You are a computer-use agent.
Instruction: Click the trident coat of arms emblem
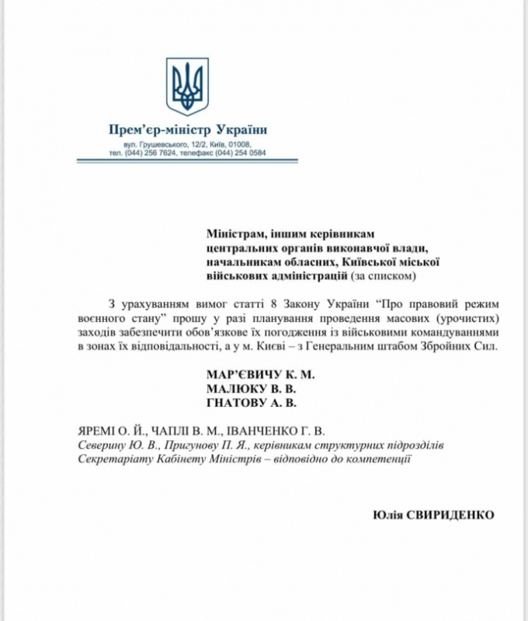(187, 85)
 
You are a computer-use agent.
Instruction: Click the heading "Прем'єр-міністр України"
(187, 129)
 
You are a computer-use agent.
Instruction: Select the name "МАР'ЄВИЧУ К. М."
(261, 374)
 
